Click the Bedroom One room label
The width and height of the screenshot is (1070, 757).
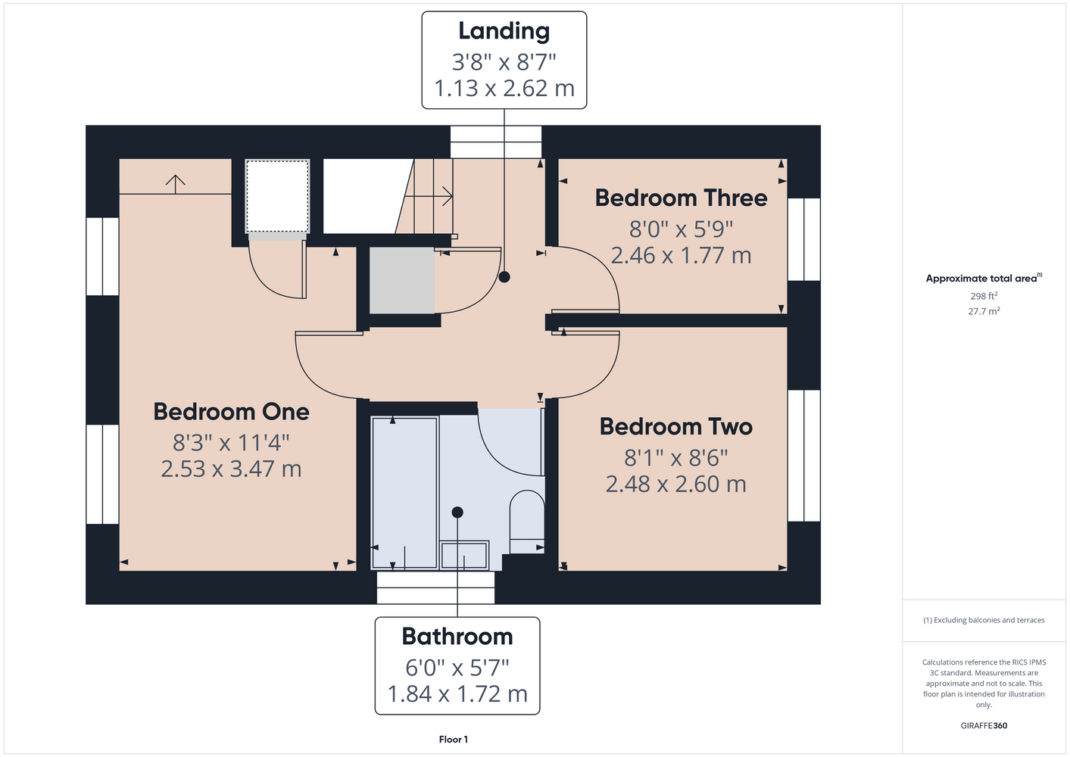pyautogui.click(x=231, y=412)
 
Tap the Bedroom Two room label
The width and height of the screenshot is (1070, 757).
pyautogui.click(x=676, y=426)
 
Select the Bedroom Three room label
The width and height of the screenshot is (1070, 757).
pyautogui.click(x=682, y=198)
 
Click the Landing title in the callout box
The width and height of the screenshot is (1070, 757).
pyautogui.click(x=504, y=32)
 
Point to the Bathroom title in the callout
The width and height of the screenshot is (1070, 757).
pyautogui.click(x=457, y=636)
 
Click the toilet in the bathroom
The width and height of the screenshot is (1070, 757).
pyautogui.click(x=527, y=522)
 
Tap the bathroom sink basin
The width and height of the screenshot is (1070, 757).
pyautogui.click(x=464, y=555)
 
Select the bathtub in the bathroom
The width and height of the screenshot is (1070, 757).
pyautogui.click(x=404, y=493)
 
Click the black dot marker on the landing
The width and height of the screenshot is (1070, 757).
pyautogui.click(x=504, y=276)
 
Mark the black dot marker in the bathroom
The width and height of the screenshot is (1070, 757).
pyautogui.click(x=457, y=512)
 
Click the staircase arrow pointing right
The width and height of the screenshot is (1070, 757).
pyautogui.click(x=429, y=196)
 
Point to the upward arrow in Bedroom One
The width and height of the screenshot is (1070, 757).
pyautogui.click(x=176, y=184)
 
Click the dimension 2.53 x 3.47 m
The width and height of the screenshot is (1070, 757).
pyautogui.click(x=231, y=469)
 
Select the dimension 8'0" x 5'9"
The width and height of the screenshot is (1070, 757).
pyautogui.click(x=682, y=229)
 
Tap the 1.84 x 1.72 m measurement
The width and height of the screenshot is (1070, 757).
pyautogui.click(x=457, y=694)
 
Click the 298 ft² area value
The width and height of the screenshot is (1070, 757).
pyautogui.click(x=984, y=296)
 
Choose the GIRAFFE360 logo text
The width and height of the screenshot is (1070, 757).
pyautogui.click(x=984, y=725)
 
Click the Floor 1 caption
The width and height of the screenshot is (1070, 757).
pyautogui.click(x=454, y=740)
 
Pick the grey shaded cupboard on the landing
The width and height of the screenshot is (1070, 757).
pyautogui.click(x=402, y=280)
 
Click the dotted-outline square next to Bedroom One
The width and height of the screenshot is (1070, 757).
pyautogui.click(x=277, y=196)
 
